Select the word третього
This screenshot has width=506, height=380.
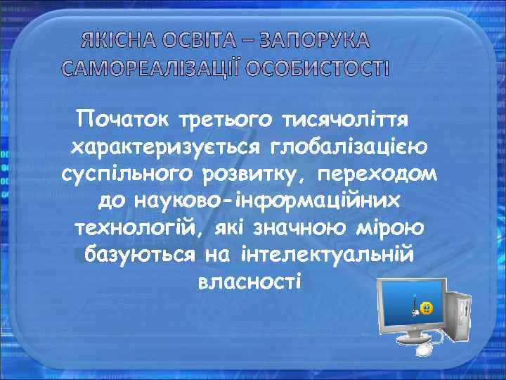click(x=228, y=120)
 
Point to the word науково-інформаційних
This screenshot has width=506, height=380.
click(x=251, y=201)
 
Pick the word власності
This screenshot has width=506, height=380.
click(x=250, y=281)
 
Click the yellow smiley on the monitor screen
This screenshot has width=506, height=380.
click(x=427, y=308)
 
